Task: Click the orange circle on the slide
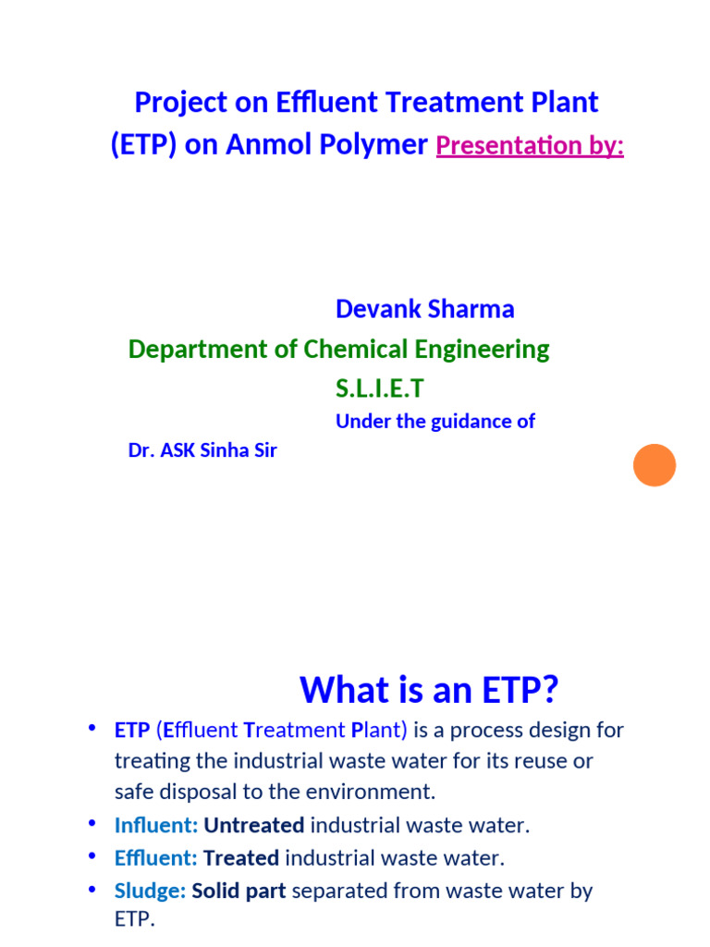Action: tap(655, 465)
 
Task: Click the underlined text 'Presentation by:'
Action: tap(530, 146)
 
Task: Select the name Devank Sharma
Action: tap(424, 309)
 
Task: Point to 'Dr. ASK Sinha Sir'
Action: tap(202, 451)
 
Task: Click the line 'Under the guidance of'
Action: tap(435, 422)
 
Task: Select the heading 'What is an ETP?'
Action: tap(430, 689)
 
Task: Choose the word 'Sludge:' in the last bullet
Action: tap(150, 891)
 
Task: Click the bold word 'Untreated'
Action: tap(254, 825)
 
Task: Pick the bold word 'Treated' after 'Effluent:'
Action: tap(241, 858)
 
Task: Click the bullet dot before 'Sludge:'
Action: tap(92, 889)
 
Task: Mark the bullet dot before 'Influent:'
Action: tap(92, 823)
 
